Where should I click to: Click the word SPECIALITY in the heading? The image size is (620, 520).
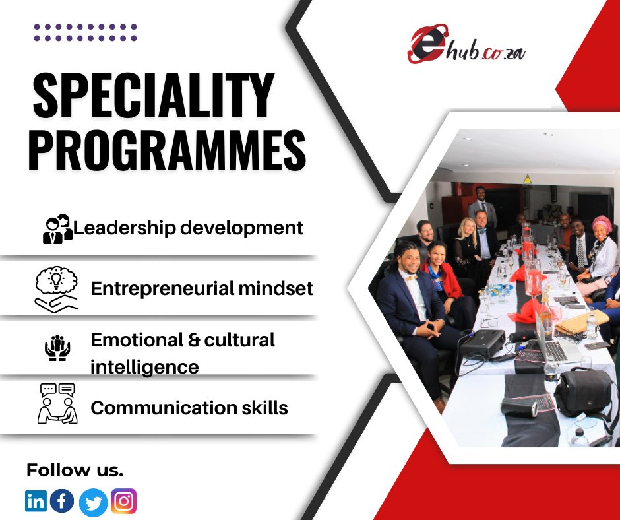[x=153, y=96]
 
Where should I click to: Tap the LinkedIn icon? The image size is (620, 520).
[x=36, y=502]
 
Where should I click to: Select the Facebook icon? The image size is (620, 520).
[x=62, y=502]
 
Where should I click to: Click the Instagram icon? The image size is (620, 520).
[x=123, y=502]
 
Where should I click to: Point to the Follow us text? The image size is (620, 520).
[x=75, y=471]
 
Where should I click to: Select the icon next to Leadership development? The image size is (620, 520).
[x=57, y=229]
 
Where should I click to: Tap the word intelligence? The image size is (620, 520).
[x=144, y=366]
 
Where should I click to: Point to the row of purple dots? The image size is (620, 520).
[x=85, y=33]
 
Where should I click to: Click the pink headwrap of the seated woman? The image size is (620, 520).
[x=602, y=224]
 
